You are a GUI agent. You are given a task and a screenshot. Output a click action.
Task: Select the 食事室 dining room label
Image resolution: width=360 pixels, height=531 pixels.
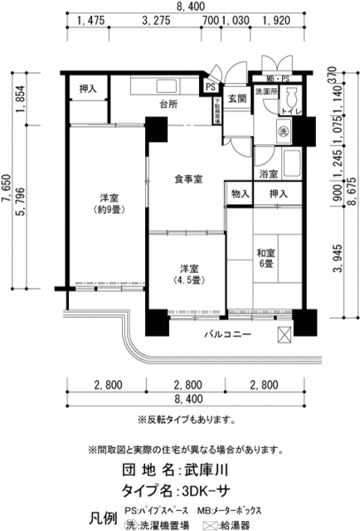189,178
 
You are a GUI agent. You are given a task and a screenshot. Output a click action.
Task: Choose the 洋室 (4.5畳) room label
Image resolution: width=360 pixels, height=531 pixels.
188,274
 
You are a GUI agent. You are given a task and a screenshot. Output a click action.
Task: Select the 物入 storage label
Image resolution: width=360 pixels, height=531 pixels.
238,193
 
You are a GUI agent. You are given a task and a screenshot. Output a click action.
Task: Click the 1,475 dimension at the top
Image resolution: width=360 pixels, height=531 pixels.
90,21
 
